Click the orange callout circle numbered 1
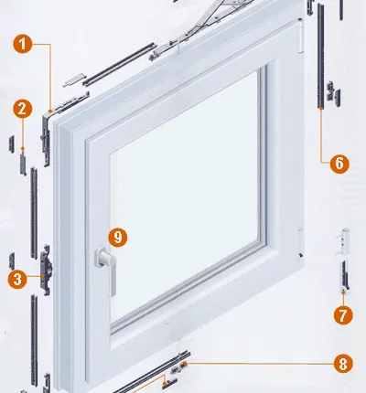click(x=23, y=44)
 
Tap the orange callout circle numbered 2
click(x=23, y=109)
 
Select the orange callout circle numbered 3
click(x=17, y=279)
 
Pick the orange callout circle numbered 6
click(x=339, y=164)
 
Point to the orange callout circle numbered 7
click(x=343, y=315)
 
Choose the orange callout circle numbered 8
click(x=343, y=364)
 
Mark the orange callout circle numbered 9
click(x=118, y=237)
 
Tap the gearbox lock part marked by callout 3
click(x=46, y=270)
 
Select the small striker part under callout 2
click(x=23, y=165)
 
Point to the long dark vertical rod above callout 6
click(x=320, y=56)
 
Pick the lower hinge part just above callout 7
click(x=344, y=275)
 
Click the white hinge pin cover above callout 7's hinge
click(x=343, y=241)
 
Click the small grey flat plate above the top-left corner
click(x=73, y=80)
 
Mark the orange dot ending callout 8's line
click(x=185, y=363)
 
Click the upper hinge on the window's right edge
click(x=300, y=35)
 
